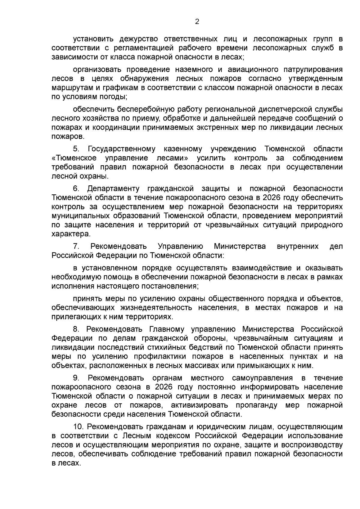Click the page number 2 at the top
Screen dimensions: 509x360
197,22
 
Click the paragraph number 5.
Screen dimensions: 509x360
76,149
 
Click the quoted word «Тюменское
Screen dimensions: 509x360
74,158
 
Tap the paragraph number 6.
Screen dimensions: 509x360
76,189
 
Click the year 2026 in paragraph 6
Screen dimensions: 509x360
272,198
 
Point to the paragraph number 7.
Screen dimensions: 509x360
76,247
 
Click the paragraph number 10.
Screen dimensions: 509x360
79,427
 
